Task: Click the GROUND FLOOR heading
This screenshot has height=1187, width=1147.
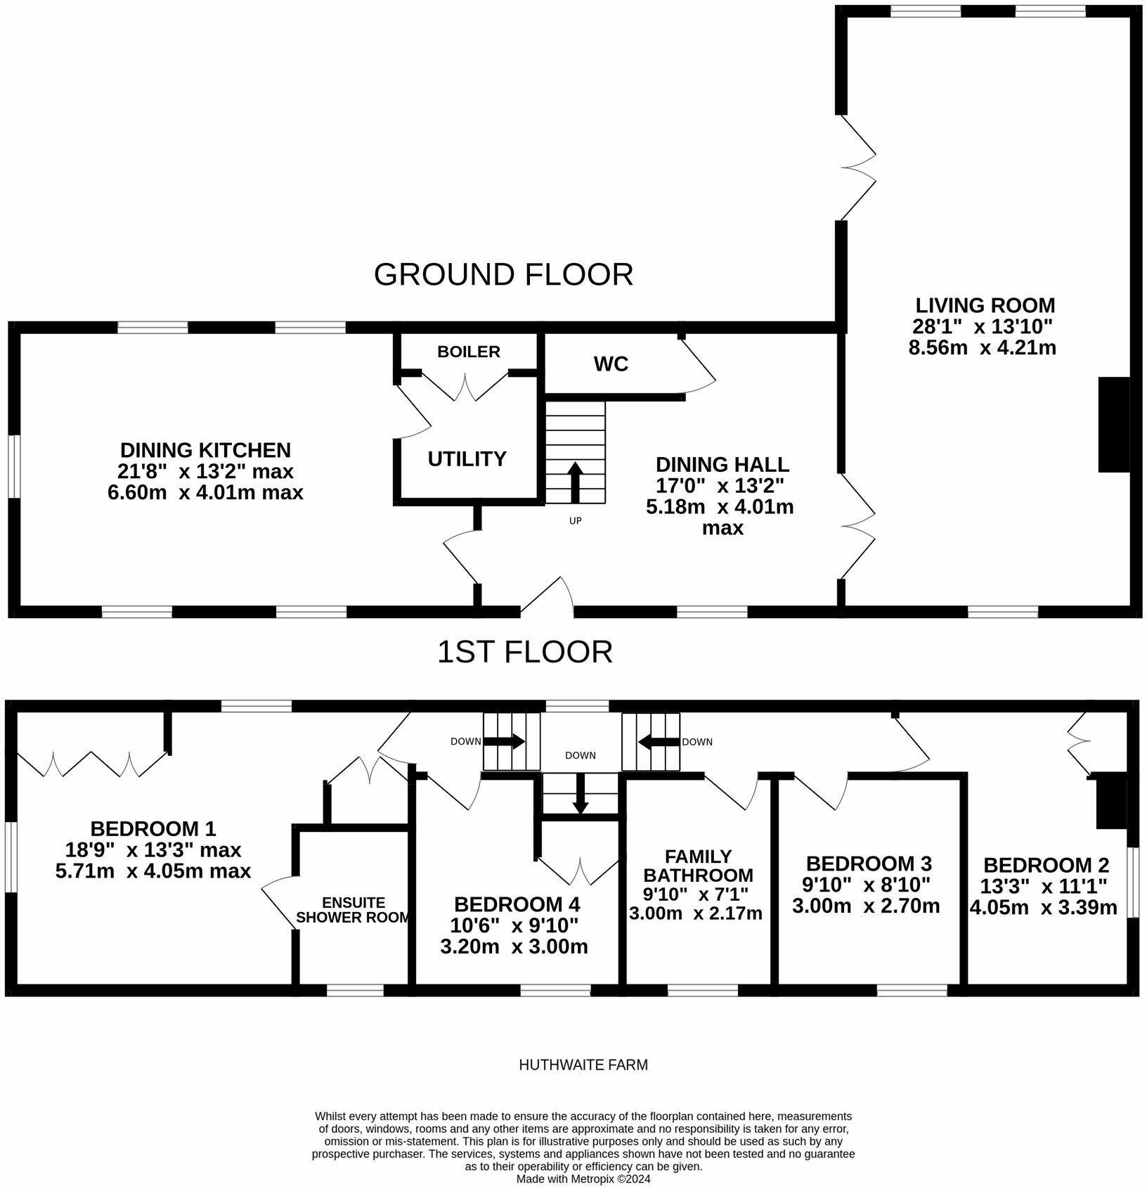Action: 503,274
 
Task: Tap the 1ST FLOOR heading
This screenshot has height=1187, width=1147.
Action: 524,652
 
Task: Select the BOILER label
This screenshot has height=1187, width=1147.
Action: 468,352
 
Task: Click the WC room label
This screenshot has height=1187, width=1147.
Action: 611,364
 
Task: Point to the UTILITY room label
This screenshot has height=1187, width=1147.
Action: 467,459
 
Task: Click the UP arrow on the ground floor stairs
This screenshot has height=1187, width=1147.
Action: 575,482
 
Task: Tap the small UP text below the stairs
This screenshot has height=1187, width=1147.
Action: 575,521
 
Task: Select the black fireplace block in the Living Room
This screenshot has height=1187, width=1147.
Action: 1113,424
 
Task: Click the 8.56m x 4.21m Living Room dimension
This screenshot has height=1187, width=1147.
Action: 983,347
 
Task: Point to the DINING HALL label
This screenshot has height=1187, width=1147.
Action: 722,465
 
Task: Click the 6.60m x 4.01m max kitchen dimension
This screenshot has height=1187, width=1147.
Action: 205,492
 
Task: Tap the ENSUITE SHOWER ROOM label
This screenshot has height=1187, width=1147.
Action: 353,910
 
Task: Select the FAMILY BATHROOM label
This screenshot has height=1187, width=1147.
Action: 698,866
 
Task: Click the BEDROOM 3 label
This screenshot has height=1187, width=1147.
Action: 869,864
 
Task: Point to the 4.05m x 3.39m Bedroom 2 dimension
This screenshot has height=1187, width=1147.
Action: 1043,908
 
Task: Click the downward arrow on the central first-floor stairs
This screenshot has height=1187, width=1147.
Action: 580,795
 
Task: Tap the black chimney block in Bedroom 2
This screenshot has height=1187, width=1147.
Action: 1111,802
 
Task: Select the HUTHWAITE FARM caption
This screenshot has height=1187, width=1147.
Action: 583,1065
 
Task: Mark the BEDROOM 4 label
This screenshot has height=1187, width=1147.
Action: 517,904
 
